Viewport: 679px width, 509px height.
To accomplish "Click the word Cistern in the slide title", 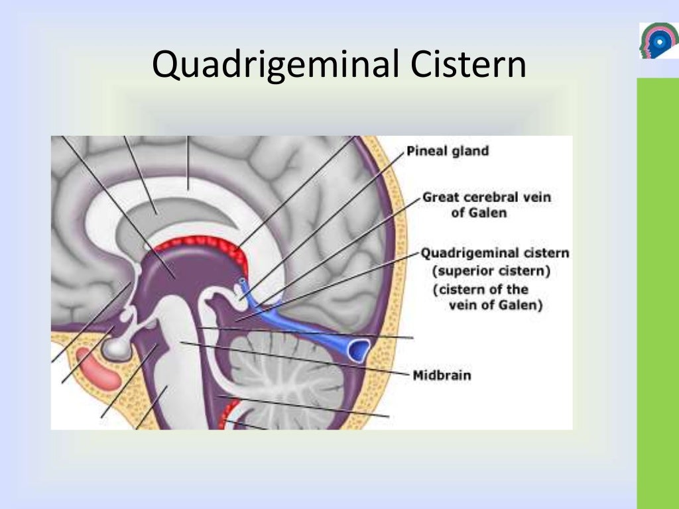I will click(x=468, y=65).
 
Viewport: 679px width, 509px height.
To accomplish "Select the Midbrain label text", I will click(x=442, y=375).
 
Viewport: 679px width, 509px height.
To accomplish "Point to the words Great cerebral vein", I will click(x=487, y=198).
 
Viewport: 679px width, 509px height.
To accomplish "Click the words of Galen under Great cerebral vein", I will click(x=479, y=213).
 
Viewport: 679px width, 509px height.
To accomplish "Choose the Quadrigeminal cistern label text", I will click(x=495, y=253).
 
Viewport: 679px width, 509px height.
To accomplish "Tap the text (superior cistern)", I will click(x=491, y=271).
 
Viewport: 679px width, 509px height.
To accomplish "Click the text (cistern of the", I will click(x=481, y=290).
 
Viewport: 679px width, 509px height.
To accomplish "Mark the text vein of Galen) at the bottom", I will click(x=495, y=306).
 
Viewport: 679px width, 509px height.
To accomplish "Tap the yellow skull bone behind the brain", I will click(x=391, y=265).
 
